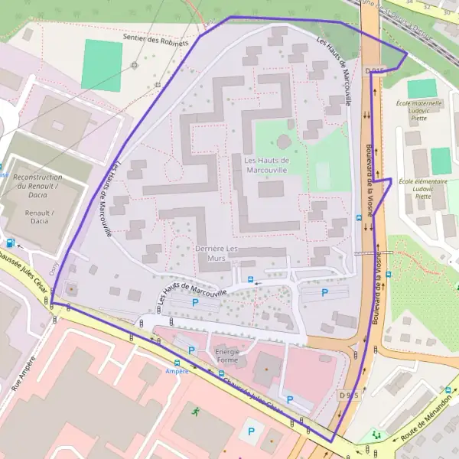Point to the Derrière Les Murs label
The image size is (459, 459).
tap(217, 254)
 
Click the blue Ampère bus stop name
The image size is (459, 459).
tap(177, 371)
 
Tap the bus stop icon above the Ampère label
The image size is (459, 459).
tap(177, 363)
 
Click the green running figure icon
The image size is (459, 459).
tap(196, 411)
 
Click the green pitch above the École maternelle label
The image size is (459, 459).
tap(422, 88)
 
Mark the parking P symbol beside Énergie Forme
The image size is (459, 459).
tap(191, 350)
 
